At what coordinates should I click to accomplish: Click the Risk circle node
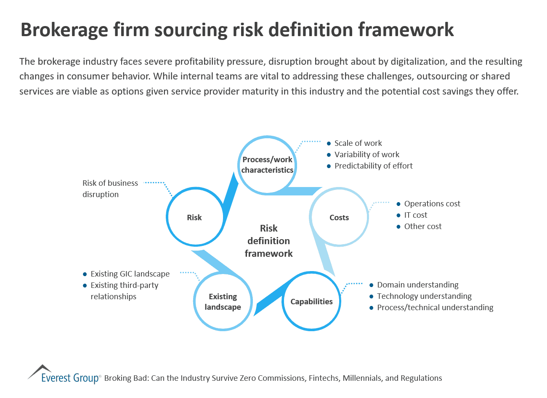tap(194, 217)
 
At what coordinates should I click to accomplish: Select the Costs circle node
tap(339, 217)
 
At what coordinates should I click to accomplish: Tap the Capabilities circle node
tap(311, 301)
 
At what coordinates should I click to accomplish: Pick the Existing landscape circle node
tap(223, 301)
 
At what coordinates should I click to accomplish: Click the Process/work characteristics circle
tap(267, 165)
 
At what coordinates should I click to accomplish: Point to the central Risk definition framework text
tap(268, 241)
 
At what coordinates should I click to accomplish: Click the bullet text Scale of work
tap(358, 143)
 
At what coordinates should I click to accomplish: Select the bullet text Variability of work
tap(367, 155)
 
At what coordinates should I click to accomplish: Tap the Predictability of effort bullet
tap(374, 166)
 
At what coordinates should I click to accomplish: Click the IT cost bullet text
tap(416, 215)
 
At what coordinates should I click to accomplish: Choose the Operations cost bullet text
tap(432, 204)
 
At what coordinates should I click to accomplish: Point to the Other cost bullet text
tap(423, 227)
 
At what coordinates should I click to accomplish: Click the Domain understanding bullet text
tap(418, 285)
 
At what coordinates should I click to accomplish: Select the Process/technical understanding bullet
tap(435, 308)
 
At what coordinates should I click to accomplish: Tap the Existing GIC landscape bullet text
tap(130, 274)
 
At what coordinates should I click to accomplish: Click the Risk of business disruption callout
tap(110, 189)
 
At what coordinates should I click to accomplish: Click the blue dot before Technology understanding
tap(372, 297)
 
